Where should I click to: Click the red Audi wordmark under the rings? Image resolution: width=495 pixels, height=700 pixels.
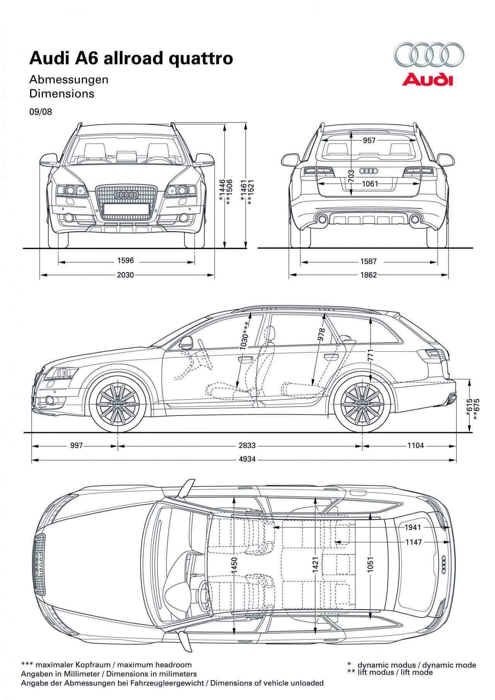pyautogui.click(x=427, y=80)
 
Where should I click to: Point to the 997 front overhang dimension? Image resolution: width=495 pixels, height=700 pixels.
pyautogui.click(x=77, y=446)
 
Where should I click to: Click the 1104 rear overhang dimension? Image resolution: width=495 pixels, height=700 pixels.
pyautogui.click(x=415, y=446)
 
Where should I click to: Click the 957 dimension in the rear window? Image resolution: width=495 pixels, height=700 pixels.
pyautogui.click(x=369, y=140)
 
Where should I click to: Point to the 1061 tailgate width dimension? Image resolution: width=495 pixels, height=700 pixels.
pyautogui.click(x=370, y=184)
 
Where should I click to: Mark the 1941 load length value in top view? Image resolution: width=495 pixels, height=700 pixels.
pyautogui.click(x=413, y=527)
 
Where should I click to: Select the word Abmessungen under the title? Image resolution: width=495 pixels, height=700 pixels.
pyautogui.click(x=69, y=80)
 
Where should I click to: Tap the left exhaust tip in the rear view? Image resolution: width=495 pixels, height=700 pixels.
pyautogui.click(x=321, y=220)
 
